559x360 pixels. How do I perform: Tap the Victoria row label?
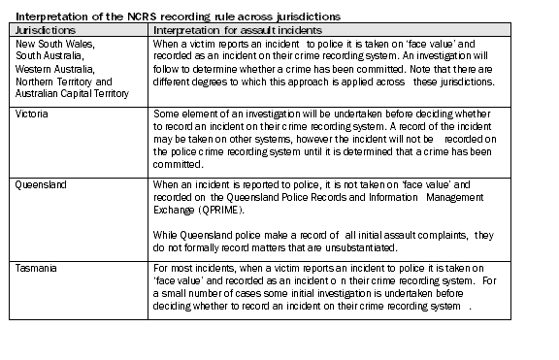(31, 114)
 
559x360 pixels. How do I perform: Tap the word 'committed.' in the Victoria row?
(180, 164)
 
